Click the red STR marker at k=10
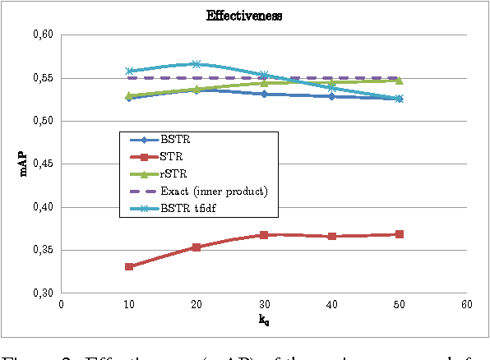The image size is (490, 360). click(x=129, y=266)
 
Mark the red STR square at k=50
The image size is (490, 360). click(x=399, y=234)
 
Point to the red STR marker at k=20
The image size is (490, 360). click(x=196, y=247)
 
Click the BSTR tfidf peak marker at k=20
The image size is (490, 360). click(x=196, y=64)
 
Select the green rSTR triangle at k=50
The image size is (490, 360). click(x=399, y=80)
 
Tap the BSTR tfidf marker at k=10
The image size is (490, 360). click(x=129, y=72)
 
